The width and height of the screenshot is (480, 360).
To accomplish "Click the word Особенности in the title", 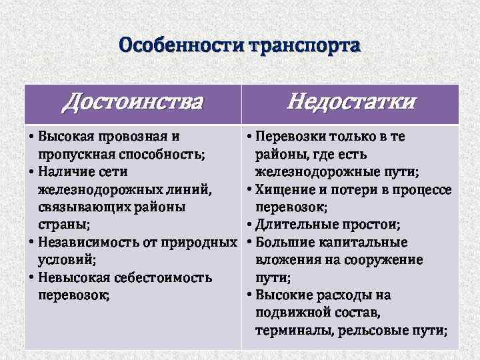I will [x=181, y=46].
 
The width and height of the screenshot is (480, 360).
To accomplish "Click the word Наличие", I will [x=67, y=172].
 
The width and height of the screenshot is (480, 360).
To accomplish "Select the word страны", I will [x=64, y=225].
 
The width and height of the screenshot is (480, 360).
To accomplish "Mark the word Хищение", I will [x=283, y=189].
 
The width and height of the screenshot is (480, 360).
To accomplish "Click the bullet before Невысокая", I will [x=33, y=277].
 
